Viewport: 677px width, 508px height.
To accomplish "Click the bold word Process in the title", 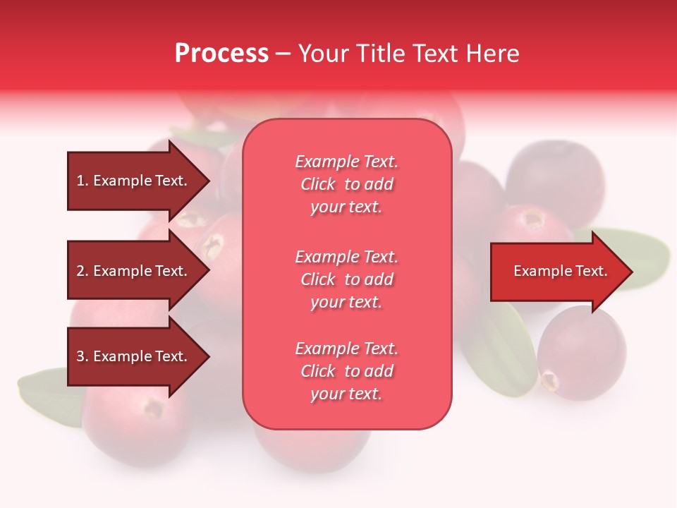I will pos(221,54).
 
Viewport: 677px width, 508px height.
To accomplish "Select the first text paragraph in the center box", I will pos(346,184).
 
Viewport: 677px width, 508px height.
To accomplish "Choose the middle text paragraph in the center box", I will pos(346,279).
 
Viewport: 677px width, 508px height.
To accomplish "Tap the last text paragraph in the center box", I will pos(346,371).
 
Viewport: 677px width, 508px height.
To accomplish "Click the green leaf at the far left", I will pos(46,395).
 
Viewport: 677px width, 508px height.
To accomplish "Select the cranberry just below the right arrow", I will pos(582,353).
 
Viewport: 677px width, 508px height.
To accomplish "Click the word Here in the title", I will pos(494,54).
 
